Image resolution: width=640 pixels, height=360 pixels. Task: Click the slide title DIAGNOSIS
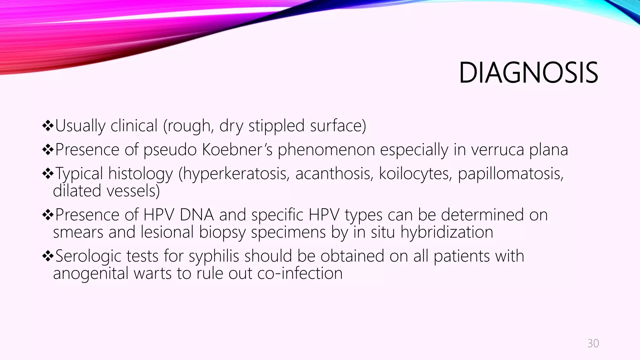pos(528,73)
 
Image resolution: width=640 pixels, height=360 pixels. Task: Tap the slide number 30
pos(593,343)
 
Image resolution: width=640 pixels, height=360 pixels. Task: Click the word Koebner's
pos(237,150)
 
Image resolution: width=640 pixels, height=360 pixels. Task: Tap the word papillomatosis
pos(510,174)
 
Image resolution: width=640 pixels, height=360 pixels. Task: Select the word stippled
pos(276,126)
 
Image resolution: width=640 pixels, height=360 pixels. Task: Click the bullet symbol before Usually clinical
pos(48,126)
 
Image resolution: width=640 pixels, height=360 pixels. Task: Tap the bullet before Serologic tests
pos(48,257)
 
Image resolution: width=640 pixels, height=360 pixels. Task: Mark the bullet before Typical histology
pos(48,174)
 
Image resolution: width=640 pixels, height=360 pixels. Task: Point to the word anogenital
pos(91,274)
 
